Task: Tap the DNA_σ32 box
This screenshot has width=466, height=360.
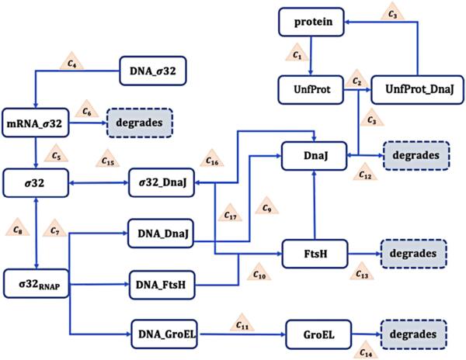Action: click(x=154, y=73)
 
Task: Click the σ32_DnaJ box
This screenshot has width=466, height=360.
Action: click(x=161, y=185)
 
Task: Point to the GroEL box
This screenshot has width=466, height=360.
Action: click(x=315, y=334)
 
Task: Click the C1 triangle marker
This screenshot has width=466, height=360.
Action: click(x=297, y=55)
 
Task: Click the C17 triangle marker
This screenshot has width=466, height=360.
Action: click(x=230, y=214)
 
